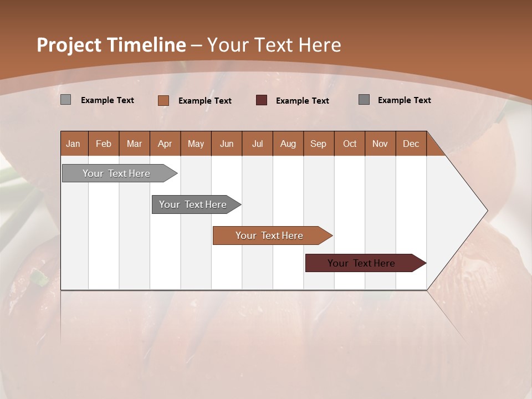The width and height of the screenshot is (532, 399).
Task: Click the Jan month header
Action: [x=73, y=144]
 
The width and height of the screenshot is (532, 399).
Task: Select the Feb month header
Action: [x=104, y=144]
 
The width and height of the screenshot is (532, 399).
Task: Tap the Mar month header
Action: [x=134, y=144]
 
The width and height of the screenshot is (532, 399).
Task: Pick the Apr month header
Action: [x=165, y=144]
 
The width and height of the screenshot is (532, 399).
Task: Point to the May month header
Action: [x=196, y=144]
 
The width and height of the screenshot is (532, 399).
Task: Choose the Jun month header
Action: [x=227, y=144]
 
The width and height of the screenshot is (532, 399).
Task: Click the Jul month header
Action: [x=257, y=144]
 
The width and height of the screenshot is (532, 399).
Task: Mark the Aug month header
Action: [x=288, y=144]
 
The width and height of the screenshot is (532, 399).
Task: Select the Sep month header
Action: [x=319, y=144]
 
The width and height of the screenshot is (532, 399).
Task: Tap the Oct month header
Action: [x=350, y=144]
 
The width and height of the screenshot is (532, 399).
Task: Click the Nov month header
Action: [x=380, y=144]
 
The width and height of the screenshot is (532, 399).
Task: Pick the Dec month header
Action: [x=411, y=144]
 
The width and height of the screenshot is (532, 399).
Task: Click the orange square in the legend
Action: [x=163, y=100]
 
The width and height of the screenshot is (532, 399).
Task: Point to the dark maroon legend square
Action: [x=262, y=100]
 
